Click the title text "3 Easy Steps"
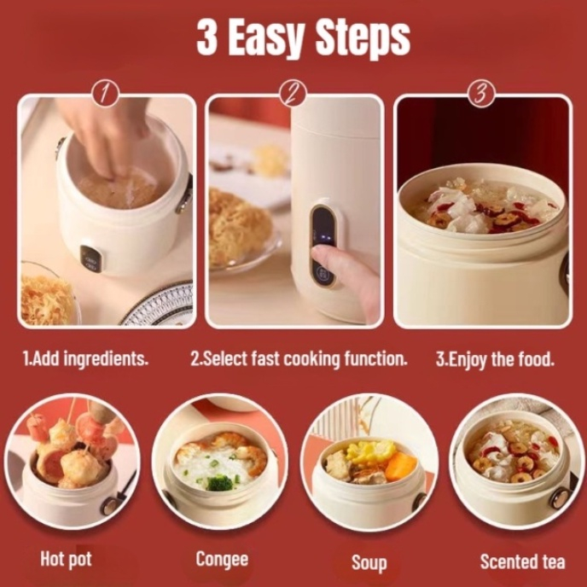[303, 38]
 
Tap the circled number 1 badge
[106, 94]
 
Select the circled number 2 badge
[293, 94]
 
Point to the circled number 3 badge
[481, 94]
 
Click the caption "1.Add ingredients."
[85, 358]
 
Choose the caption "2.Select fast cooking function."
[299, 358]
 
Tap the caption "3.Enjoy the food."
[495, 359]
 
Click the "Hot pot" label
[66, 560]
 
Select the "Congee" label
[222, 560]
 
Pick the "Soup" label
[369, 562]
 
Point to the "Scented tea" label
[522, 561]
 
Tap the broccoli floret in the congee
[220, 482]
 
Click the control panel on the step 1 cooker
[92, 259]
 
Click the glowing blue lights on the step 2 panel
[324, 238]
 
